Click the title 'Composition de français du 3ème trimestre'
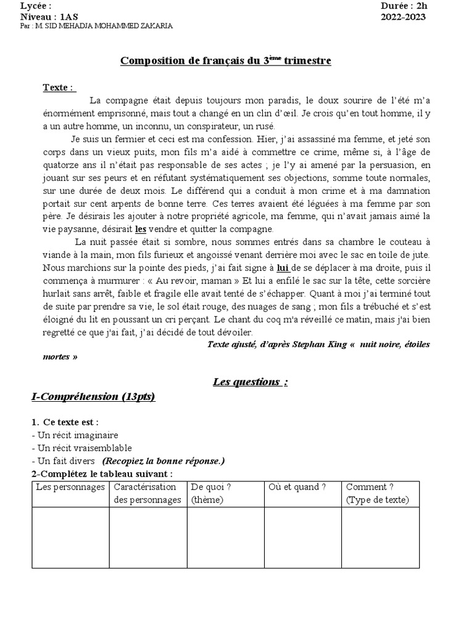(225, 60)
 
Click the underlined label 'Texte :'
(59, 87)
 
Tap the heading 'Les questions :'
(250, 381)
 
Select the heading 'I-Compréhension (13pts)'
(93, 396)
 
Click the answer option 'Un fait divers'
(66, 461)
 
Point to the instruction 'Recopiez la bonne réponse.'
(164, 461)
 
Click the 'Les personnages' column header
(70, 487)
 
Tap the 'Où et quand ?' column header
(297, 487)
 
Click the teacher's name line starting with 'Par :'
(96, 27)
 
